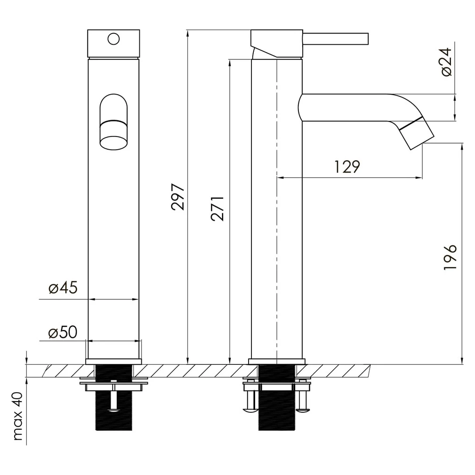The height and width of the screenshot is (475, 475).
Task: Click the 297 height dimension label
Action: pyautogui.click(x=178, y=197)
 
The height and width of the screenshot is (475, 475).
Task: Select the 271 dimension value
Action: pyautogui.click(x=217, y=209)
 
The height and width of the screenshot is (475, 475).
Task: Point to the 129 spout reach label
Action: pyautogui.click(x=347, y=167)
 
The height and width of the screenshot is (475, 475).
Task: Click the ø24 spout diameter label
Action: pyautogui.click(x=447, y=62)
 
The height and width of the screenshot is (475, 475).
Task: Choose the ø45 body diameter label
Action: pyautogui.click(x=63, y=288)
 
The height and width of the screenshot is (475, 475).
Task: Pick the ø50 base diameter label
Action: pyautogui.click(x=63, y=332)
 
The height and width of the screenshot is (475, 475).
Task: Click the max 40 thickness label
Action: pyautogui.click(x=18, y=416)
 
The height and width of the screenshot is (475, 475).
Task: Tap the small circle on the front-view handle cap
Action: pyautogui.click(x=113, y=39)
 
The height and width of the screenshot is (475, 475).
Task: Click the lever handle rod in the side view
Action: pyautogui.click(x=336, y=39)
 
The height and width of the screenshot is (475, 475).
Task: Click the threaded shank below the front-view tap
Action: pyautogui.click(x=113, y=397)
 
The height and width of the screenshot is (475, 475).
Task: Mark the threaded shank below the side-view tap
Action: pyautogui.click(x=277, y=397)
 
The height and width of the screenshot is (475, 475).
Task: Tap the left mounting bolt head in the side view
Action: pyautogui.click(x=250, y=410)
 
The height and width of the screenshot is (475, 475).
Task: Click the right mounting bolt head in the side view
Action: pyautogui.click(x=303, y=410)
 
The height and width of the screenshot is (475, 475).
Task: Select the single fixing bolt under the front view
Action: pyautogui.click(x=113, y=397)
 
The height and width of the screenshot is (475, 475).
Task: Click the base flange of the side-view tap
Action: pyautogui.click(x=277, y=362)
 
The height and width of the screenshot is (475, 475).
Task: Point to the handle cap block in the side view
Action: pyautogui.click(x=277, y=43)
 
